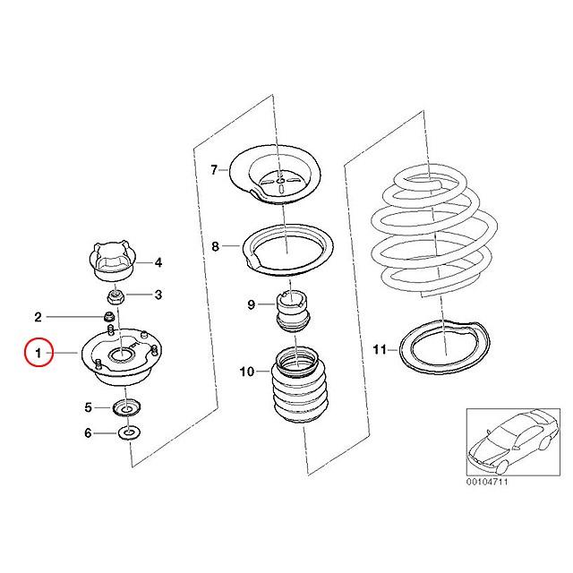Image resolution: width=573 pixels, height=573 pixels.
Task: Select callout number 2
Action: tap(38, 316)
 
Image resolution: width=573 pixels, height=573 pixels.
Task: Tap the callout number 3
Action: tap(158, 294)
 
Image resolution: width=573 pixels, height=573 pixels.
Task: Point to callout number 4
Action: tap(158, 262)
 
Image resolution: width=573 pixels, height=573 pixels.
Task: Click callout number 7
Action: tap(214, 169)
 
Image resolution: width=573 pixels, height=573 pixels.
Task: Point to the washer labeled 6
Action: tap(127, 434)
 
